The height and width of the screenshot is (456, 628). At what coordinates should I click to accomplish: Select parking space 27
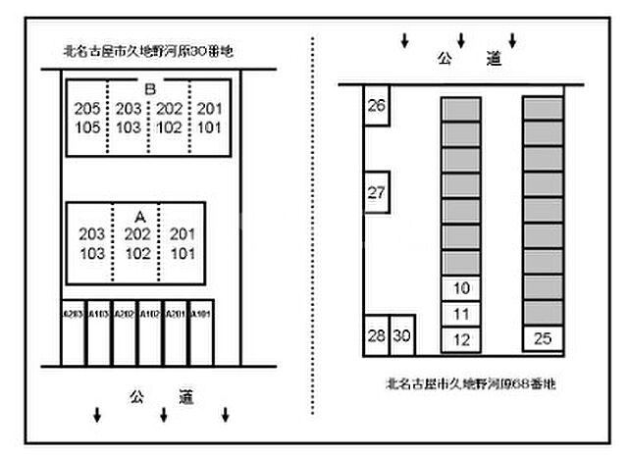[376, 192]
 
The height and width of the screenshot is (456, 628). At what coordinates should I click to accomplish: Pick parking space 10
[462, 288]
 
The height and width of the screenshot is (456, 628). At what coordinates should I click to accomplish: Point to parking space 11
[462, 314]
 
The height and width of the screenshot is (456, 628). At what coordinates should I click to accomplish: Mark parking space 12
[462, 339]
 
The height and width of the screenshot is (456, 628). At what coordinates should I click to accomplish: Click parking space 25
[543, 339]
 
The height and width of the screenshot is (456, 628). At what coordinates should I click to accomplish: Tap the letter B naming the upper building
[149, 89]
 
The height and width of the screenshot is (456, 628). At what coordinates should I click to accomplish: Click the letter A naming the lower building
[138, 215]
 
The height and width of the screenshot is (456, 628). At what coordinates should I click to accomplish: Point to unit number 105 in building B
[87, 127]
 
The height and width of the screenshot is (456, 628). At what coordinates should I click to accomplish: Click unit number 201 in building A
[183, 233]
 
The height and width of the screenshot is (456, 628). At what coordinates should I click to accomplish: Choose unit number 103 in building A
[92, 252]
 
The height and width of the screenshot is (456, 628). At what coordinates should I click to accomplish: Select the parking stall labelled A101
[200, 314]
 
